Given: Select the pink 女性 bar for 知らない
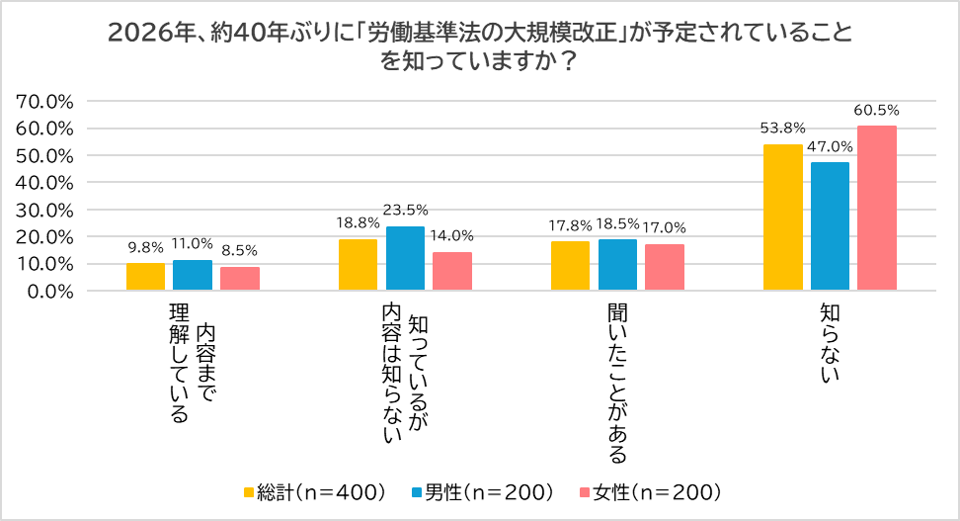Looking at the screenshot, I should [x=876, y=209].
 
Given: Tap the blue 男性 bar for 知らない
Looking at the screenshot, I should [x=830, y=226].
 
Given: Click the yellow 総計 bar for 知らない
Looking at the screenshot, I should [x=783, y=217].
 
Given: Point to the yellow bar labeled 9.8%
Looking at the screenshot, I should [x=145, y=277].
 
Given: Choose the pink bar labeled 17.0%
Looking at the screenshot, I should [x=664, y=268].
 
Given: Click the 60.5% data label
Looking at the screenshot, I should [x=877, y=110].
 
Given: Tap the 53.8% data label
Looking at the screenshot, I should [x=783, y=128].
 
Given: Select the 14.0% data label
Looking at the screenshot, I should [x=451, y=235].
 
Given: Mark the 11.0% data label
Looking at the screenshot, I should [x=193, y=243].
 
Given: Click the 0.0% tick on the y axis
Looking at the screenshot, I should [x=50, y=292].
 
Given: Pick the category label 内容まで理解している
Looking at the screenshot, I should [x=193, y=366].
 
